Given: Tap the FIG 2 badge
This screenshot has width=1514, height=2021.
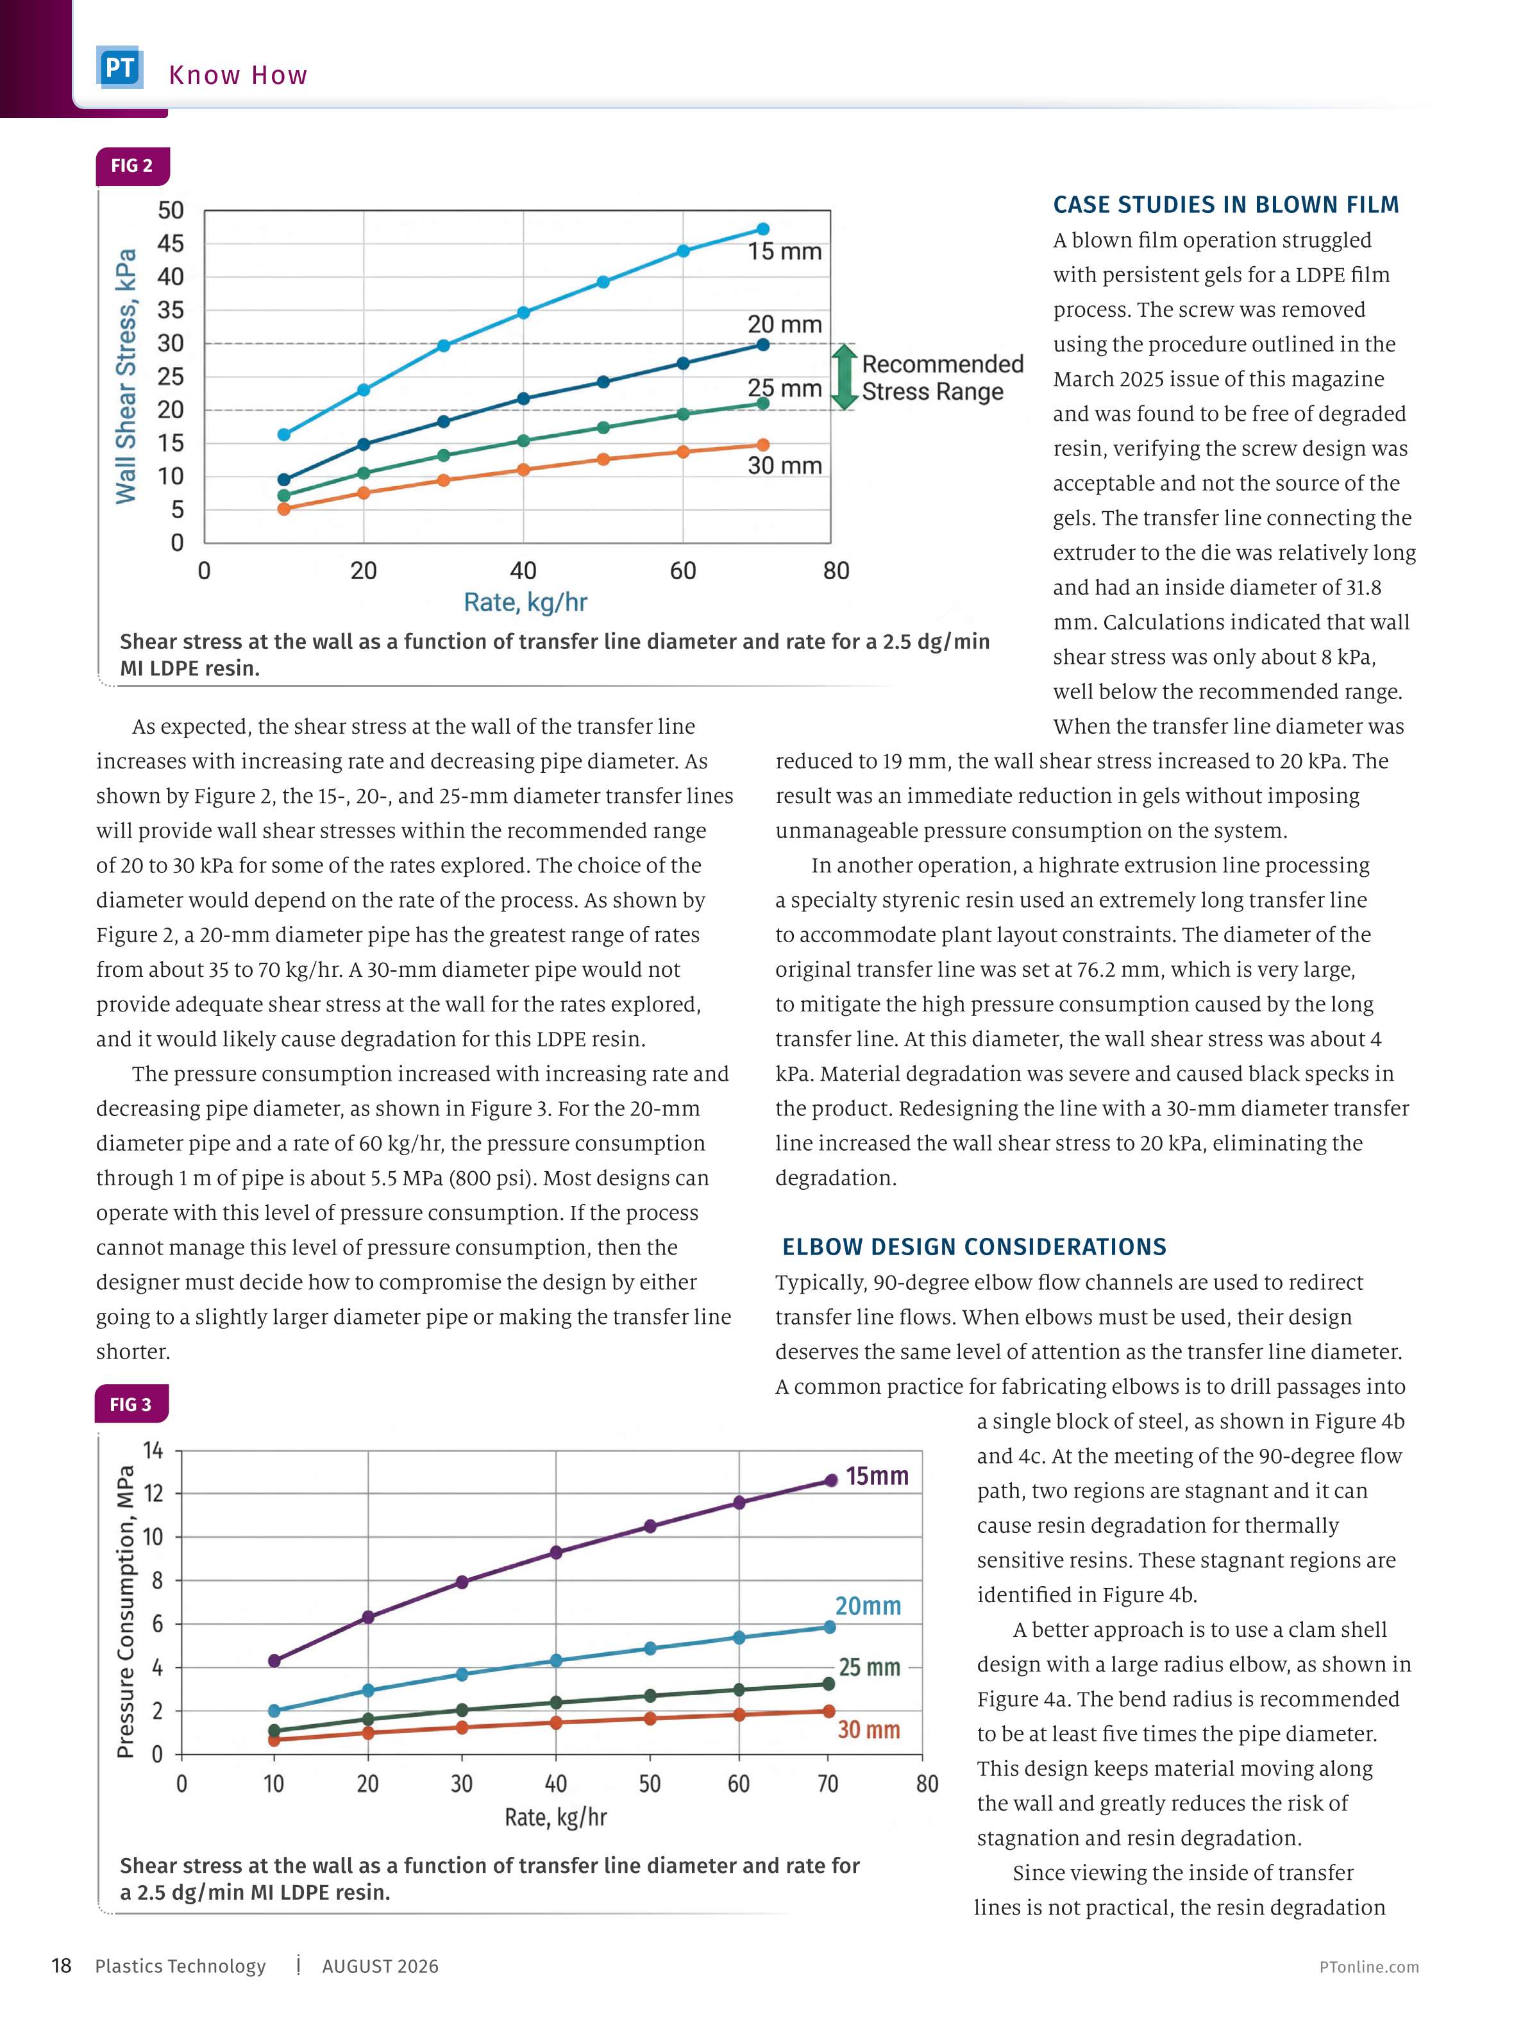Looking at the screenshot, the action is [x=131, y=166].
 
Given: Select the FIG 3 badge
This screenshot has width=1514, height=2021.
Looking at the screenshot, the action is [x=131, y=1404].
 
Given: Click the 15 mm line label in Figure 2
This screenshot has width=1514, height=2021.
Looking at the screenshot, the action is [x=784, y=251].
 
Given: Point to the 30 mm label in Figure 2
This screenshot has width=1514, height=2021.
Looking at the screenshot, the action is [x=784, y=465].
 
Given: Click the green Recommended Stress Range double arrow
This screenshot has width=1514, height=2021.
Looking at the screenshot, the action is [x=845, y=376].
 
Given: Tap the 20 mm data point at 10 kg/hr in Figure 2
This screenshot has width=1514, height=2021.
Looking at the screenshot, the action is [x=284, y=480].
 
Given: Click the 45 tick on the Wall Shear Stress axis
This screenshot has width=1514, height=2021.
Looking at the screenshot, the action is [x=171, y=244].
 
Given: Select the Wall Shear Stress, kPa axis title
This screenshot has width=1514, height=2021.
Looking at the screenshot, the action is [x=126, y=375].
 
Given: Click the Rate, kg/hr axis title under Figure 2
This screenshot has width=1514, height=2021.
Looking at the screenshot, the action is [x=525, y=602].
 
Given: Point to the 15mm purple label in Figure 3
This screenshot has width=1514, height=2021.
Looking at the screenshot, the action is [x=876, y=1476].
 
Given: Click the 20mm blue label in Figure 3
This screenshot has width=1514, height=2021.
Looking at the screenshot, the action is [x=868, y=1606].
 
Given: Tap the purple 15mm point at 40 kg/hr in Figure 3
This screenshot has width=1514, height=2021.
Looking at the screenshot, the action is [x=555, y=1552].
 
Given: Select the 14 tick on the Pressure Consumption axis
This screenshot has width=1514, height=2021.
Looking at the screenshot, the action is [x=153, y=1450].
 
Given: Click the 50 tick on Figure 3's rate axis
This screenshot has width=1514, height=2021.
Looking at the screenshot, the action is [x=650, y=1784].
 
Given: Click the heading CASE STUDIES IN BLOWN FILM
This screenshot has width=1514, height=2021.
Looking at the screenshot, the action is [x=1226, y=205].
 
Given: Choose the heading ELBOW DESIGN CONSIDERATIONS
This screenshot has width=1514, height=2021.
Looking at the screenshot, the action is [x=974, y=1247].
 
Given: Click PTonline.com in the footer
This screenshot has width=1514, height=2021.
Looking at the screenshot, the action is [x=1368, y=1967].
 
